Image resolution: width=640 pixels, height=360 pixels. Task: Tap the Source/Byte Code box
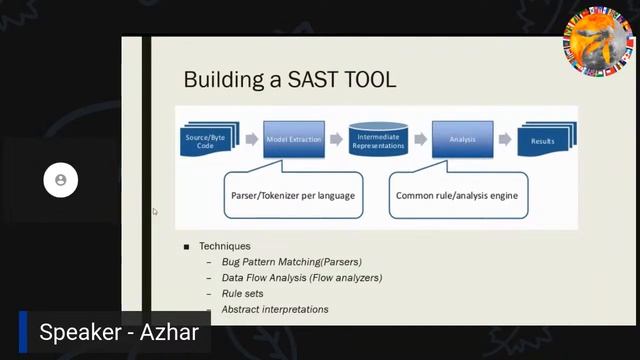205,140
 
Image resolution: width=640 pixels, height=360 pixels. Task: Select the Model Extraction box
293,139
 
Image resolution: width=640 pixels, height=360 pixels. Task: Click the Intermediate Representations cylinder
378,140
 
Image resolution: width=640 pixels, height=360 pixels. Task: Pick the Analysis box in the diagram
462,139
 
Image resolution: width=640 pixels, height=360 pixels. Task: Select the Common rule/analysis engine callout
457,196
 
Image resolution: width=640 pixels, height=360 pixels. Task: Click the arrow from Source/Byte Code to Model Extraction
250,139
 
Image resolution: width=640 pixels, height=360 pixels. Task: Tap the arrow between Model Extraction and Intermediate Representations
336,139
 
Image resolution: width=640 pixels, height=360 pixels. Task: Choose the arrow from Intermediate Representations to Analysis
420,139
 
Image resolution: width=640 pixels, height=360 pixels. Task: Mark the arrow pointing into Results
504,139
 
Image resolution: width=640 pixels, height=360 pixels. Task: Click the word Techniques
225,246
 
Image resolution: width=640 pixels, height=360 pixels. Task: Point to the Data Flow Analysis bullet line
301,278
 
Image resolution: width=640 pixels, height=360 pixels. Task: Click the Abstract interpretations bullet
275,310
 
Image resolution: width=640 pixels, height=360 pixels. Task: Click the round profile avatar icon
61,180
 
